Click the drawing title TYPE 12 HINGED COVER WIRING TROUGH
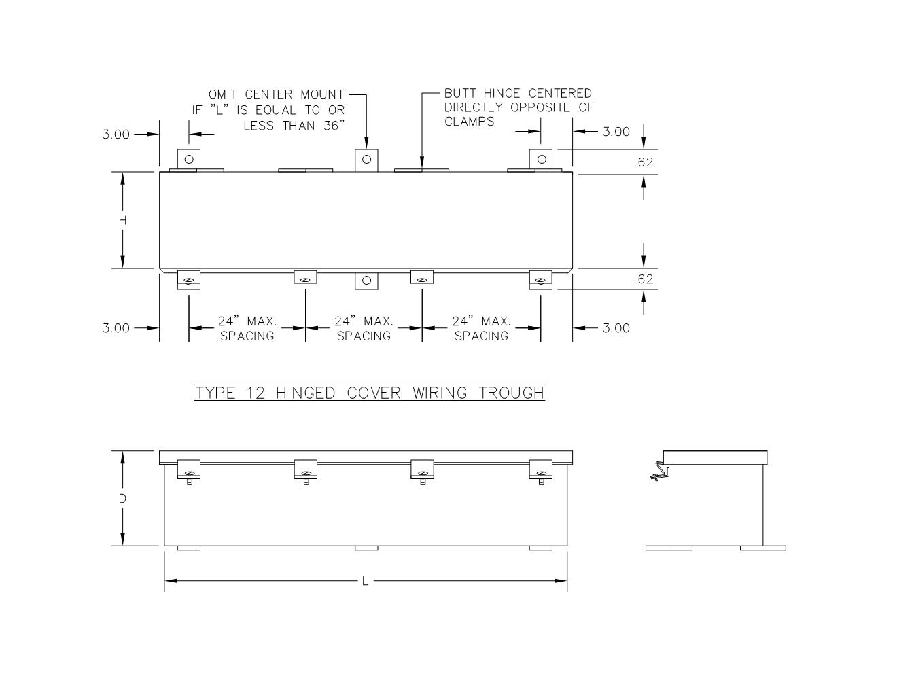[370, 393]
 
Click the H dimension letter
[123, 220]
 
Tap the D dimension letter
[123, 499]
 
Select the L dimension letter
[365, 581]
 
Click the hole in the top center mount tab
[366, 159]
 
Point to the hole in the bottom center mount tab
[366, 280]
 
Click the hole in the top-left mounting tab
[189, 159]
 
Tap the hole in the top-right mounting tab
[541, 159]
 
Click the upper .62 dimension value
[642, 162]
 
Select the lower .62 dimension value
[642, 279]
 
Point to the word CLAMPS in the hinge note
[469, 122]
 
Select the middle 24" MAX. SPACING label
[364, 328]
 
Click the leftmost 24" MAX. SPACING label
[247, 328]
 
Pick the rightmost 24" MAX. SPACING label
[481, 328]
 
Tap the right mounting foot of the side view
[762, 548]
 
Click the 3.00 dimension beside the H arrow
[116, 135]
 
